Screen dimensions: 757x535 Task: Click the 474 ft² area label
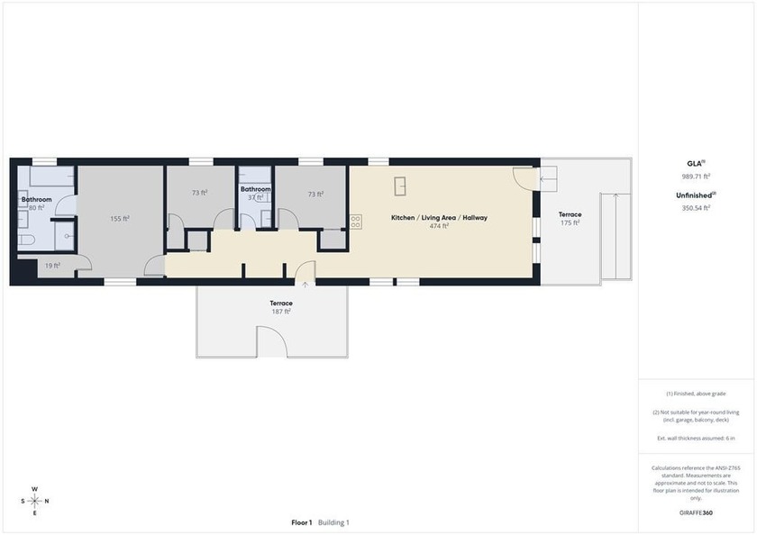click(x=439, y=226)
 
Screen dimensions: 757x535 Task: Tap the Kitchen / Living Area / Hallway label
click(x=439, y=218)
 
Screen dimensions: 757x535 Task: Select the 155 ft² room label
click(x=120, y=219)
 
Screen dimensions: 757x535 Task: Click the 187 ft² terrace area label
click(x=281, y=312)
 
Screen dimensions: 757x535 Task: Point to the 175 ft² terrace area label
click(x=570, y=222)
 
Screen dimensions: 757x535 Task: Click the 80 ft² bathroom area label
click(x=37, y=208)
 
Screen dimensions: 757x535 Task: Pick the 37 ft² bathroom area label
click(x=255, y=197)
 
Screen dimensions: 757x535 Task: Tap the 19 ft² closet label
click(x=52, y=266)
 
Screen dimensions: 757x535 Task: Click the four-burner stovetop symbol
click(x=356, y=222)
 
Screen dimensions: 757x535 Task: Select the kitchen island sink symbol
click(x=400, y=186)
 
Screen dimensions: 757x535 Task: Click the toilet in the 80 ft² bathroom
click(x=26, y=240)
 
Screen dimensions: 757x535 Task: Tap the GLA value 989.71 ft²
click(x=696, y=177)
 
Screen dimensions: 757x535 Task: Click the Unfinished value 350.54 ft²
click(x=696, y=208)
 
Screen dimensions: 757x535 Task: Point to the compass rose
click(x=35, y=502)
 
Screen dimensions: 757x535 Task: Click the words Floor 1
click(x=302, y=522)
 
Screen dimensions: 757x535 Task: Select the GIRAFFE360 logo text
click(x=696, y=512)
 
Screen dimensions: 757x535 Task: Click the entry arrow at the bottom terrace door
click(x=306, y=285)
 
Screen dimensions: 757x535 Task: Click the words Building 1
click(x=333, y=522)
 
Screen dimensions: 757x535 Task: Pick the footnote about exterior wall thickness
click(x=696, y=439)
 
